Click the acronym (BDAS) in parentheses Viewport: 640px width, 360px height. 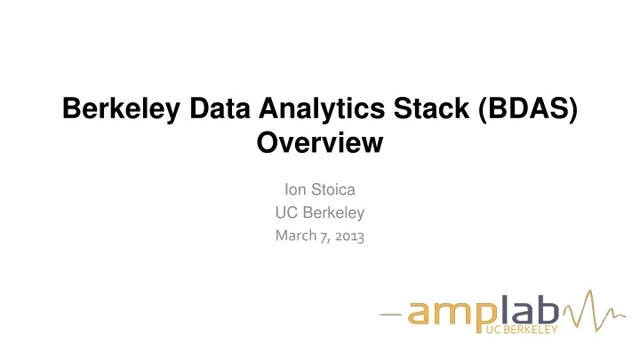[522, 110]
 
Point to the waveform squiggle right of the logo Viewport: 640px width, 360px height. [588, 313]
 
